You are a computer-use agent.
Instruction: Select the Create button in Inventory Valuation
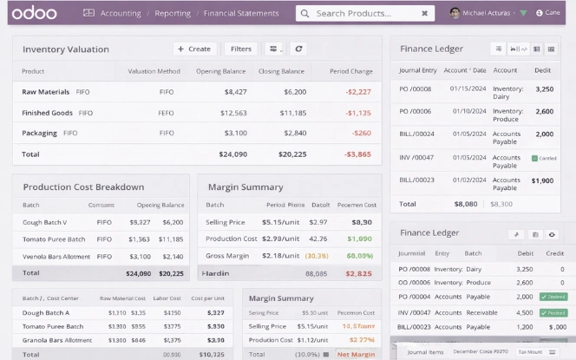click(x=194, y=49)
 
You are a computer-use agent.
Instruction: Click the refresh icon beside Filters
click(x=298, y=49)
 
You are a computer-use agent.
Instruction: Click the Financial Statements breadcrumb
click(x=242, y=14)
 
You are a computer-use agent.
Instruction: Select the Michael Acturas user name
click(x=487, y=14)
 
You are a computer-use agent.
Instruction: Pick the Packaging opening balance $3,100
click(x=234, y=133)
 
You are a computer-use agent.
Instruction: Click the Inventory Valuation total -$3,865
click(x=357, y=154)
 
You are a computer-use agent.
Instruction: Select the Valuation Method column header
click(x=154, y=71)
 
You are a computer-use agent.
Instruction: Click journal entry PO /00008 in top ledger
click(x=416, y=88)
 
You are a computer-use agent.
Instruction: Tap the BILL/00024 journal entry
click(x=416, y=134)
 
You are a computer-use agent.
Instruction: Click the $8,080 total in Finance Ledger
click(x=465, y=204)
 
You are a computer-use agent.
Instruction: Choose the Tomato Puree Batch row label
click(x=54, y=239)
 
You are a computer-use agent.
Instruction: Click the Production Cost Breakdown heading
click(x=83, y=187)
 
